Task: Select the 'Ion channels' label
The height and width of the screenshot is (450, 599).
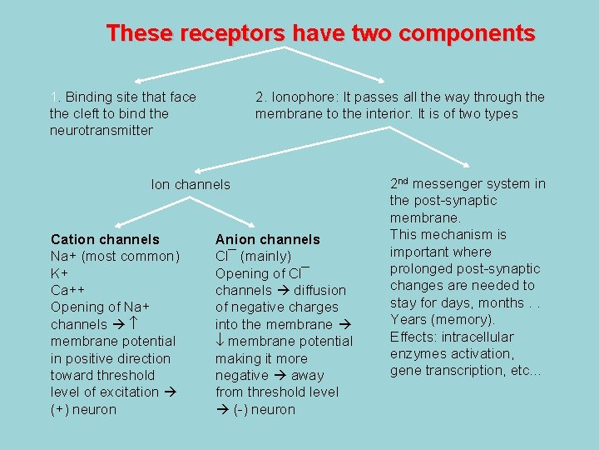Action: (191, 184)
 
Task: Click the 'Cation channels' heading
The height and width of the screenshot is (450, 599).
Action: (105, 239)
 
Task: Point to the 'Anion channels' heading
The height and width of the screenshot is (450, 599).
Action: (267, 239)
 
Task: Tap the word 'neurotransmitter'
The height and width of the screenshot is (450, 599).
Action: (101, 130)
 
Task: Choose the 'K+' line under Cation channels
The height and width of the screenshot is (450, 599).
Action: (60, 273)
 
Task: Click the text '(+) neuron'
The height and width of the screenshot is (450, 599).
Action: (83, 409)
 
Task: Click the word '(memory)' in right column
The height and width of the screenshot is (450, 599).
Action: (463, 320)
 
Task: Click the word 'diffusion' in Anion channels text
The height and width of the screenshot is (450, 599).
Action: (319, 290)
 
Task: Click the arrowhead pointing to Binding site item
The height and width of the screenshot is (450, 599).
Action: (131, 80)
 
